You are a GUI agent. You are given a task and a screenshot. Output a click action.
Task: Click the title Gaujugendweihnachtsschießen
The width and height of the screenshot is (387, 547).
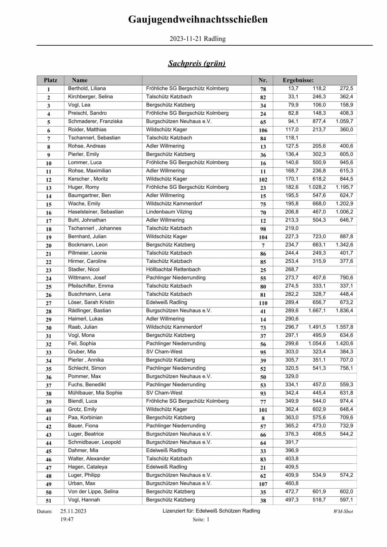click(x=198, y=20)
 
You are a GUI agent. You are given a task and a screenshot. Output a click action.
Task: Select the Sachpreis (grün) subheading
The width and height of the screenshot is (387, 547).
click(x=197, y=63)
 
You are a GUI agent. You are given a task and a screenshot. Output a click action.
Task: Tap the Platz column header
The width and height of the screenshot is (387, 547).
click(x=50, y=81)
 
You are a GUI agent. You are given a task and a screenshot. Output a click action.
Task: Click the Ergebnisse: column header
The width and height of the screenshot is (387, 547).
click(x=298, y=81)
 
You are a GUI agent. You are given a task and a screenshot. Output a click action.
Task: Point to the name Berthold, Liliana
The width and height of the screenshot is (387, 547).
click(x=87, y=89)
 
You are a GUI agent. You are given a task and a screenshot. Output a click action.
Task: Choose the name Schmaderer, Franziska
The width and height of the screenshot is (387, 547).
click(x=95, y=122)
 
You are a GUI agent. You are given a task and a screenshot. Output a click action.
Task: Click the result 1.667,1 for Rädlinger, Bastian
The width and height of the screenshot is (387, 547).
click(x=317, y=311)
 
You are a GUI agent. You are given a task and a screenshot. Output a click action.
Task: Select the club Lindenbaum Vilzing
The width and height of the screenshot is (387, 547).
click(x=169, y=212)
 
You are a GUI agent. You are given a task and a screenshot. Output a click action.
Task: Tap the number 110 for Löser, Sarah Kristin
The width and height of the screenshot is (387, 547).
click(x=263, y=303)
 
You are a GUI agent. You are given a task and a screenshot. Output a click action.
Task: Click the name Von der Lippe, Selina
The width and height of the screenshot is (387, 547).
click(x=93, y=492)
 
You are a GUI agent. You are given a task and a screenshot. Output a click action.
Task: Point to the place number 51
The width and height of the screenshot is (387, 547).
click(x=49, y=501)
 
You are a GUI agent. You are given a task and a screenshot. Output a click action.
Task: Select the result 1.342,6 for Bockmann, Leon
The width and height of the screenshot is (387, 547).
click(x=344, y=245)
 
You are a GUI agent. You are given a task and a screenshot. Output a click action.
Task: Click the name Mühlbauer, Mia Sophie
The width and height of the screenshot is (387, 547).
click(x=95, y=393)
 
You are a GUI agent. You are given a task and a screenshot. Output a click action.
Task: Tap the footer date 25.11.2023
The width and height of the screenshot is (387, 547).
click(x=74, y=511)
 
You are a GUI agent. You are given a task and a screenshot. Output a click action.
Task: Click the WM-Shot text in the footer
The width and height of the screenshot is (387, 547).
click(x=343, y=511)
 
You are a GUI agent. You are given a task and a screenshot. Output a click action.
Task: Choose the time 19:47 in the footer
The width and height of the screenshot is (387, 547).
click(x=67, y=520)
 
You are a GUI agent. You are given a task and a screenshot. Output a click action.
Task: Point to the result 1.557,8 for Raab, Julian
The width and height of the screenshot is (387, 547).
click(x=344, y=327)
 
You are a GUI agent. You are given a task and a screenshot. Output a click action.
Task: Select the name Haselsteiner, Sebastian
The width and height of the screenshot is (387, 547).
click(x=96, y=212)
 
